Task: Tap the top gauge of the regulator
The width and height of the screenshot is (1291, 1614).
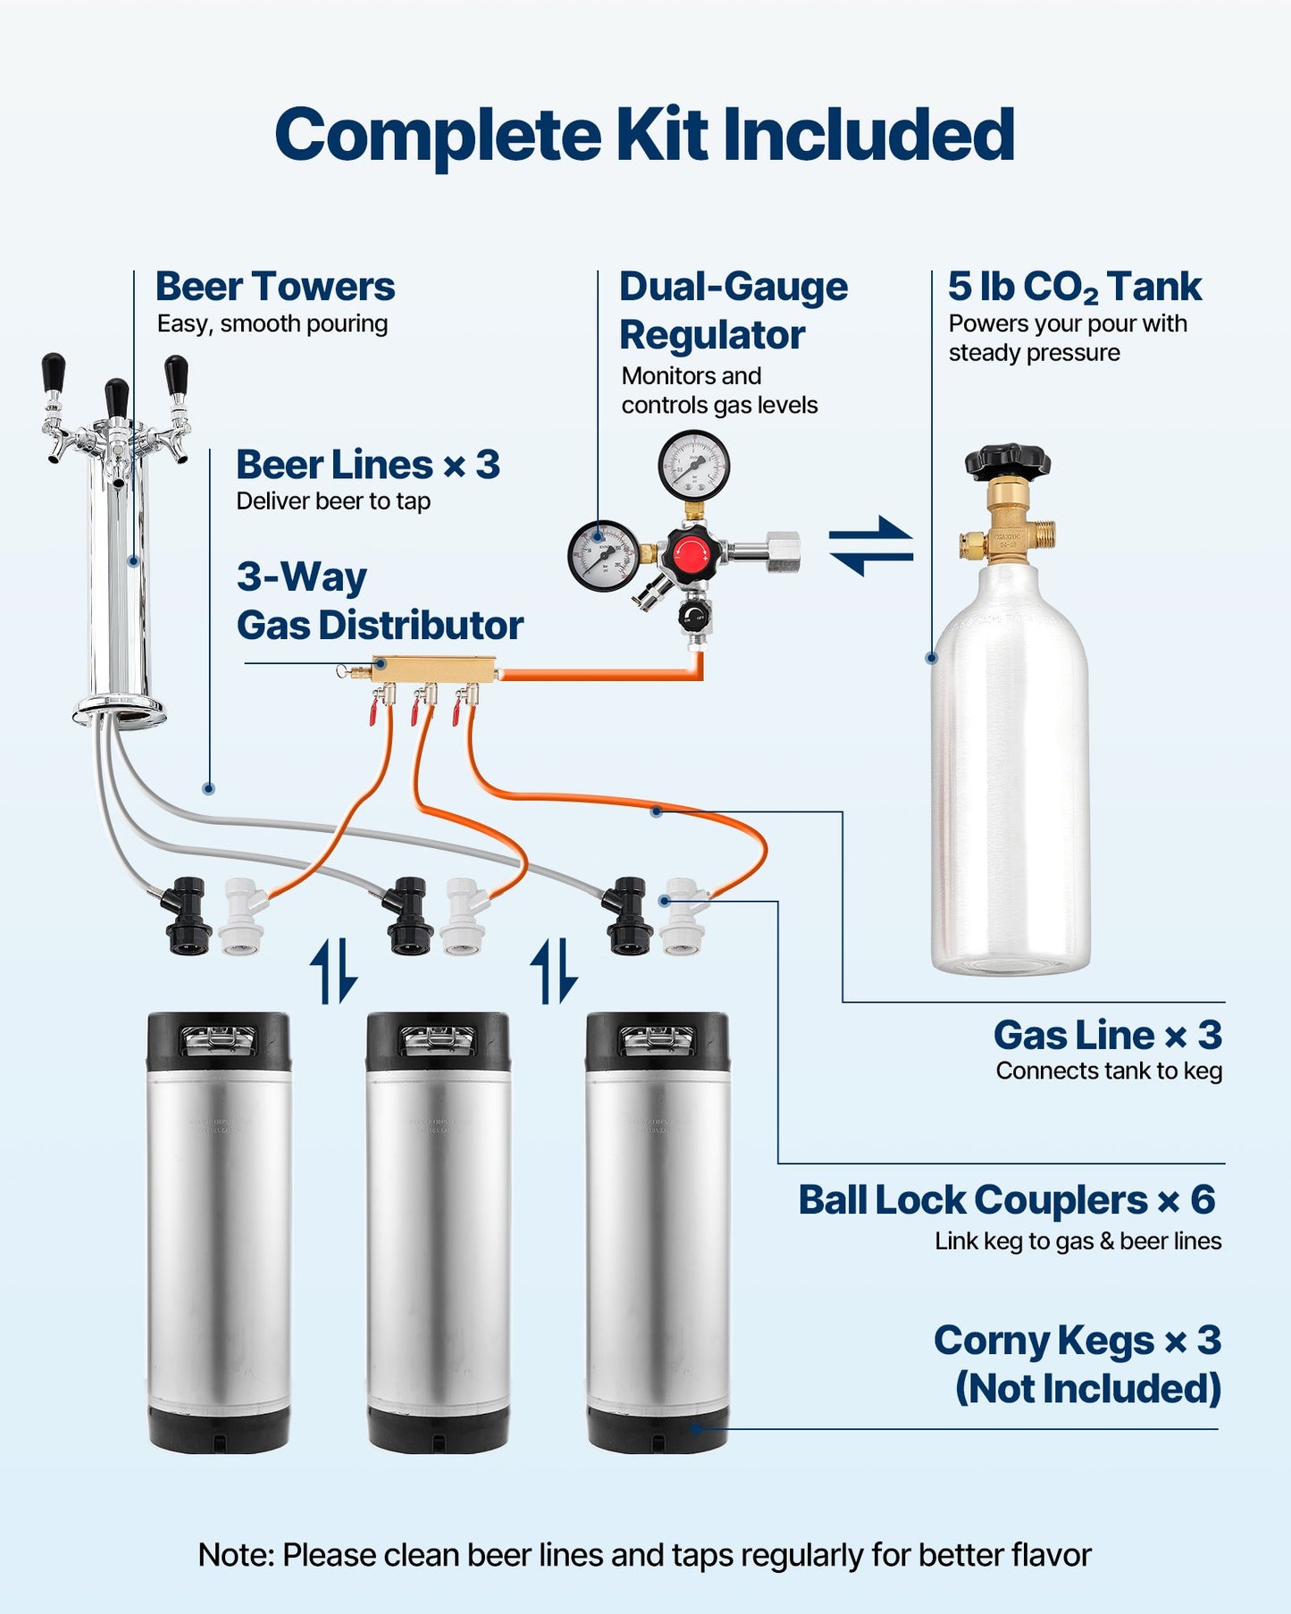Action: point(693,466)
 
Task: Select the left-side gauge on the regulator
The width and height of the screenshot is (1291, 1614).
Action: point(603,556)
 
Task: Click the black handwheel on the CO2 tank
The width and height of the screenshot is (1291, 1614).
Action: point(1007,461)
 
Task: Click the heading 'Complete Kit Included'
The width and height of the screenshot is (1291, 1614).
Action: point(644,135)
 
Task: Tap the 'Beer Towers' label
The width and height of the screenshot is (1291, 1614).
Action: point(274,287)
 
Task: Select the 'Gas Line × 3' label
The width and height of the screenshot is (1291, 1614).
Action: point(1107,1035)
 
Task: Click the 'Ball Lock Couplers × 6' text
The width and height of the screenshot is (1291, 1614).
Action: point(1006,1199)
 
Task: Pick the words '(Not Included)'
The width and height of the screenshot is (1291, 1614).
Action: point(1087,1389)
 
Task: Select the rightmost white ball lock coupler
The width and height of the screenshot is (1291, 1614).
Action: point(682,917)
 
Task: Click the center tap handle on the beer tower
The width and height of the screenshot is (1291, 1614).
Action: point(116,399)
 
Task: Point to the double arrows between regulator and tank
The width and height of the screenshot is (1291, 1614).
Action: point(870,546)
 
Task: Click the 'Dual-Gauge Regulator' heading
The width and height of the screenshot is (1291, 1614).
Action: point(733,310)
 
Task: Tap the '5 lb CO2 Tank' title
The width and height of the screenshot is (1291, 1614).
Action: point(1074,287)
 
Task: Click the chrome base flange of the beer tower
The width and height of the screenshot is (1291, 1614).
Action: point(119,711)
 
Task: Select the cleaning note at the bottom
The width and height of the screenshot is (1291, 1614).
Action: point(644,1554)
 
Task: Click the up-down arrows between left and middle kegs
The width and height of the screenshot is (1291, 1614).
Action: point(333,971)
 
